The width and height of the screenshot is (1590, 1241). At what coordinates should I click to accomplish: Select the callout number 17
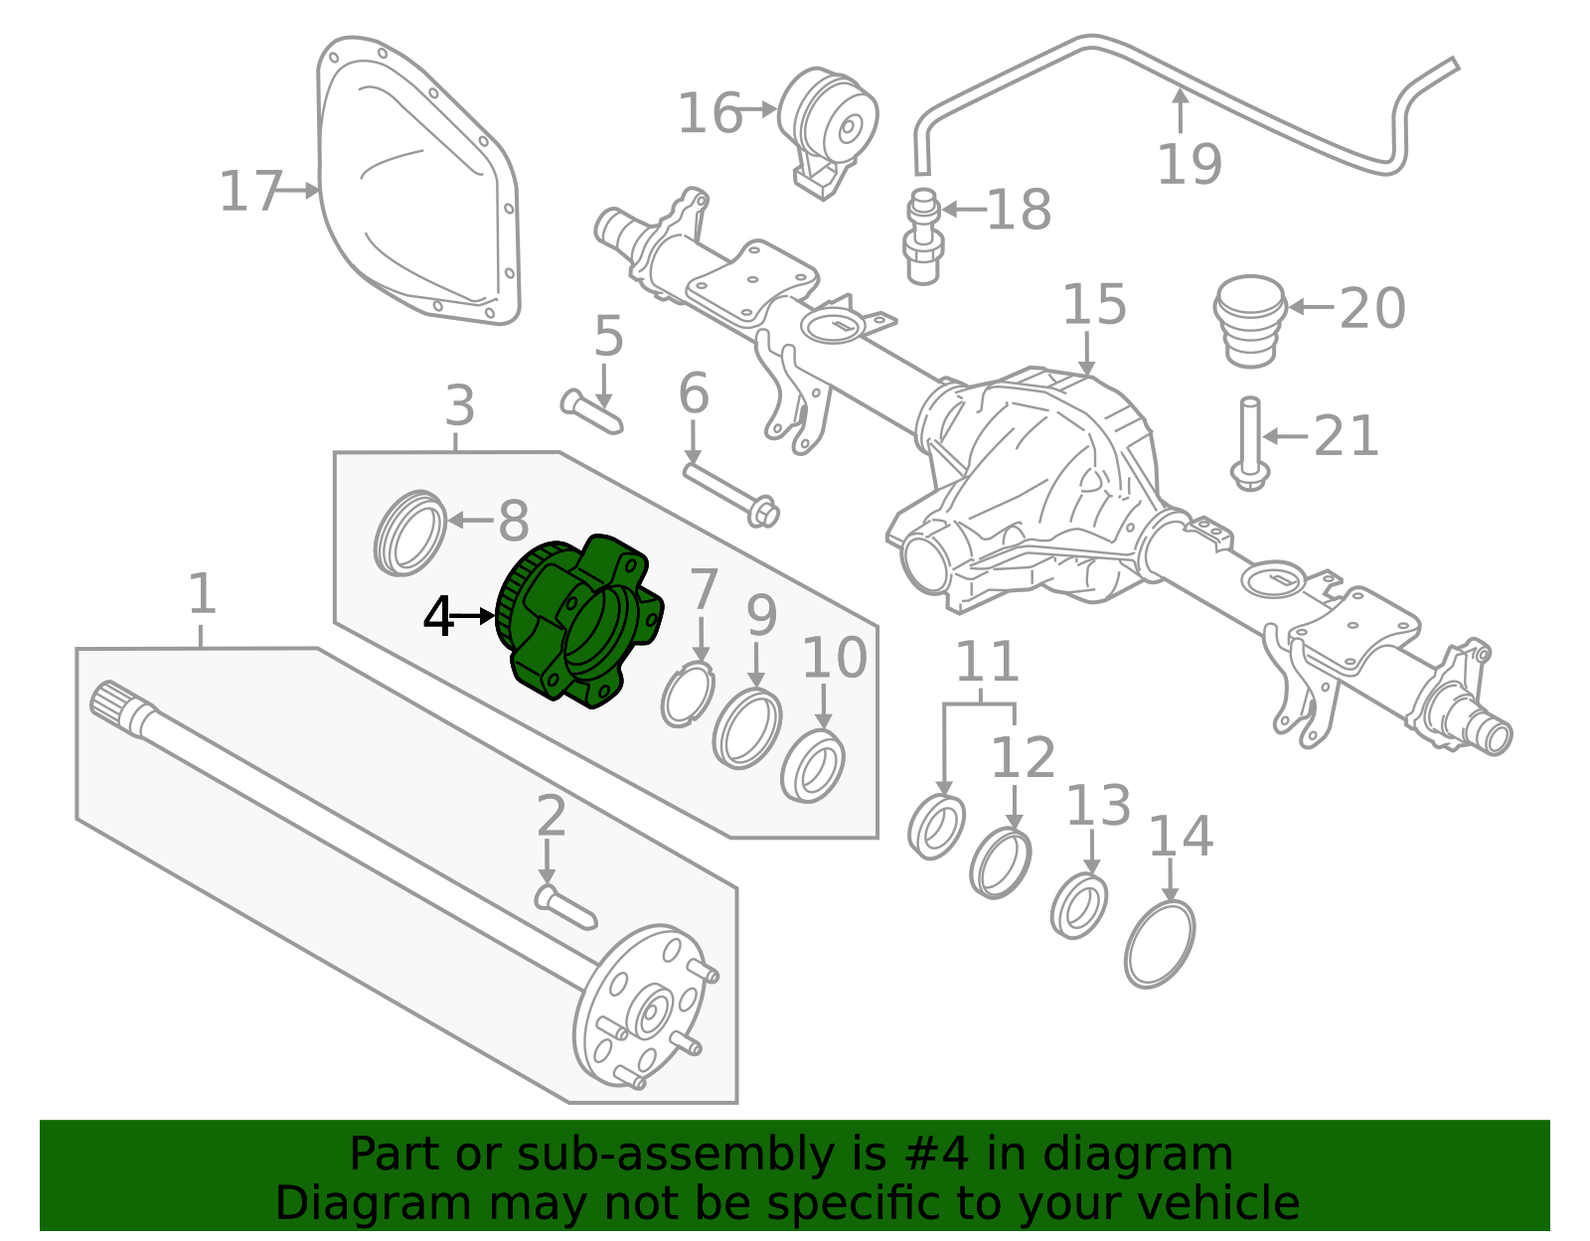[250, 192]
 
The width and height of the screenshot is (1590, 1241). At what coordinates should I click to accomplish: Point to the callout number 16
[709, 113]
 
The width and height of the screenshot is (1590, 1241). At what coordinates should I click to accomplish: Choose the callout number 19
[1189, 164]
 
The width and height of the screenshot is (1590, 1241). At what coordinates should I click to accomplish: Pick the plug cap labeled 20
[1250, 319]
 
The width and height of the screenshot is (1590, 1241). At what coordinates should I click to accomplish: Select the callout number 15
[1094, 304]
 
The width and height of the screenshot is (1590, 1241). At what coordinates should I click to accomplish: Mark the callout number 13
[1098, 806]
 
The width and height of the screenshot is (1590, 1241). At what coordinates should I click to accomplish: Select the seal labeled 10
[813, 766]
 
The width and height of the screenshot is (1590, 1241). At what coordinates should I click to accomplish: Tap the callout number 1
[202, 594]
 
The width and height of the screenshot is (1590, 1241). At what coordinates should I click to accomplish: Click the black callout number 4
[437, 617]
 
